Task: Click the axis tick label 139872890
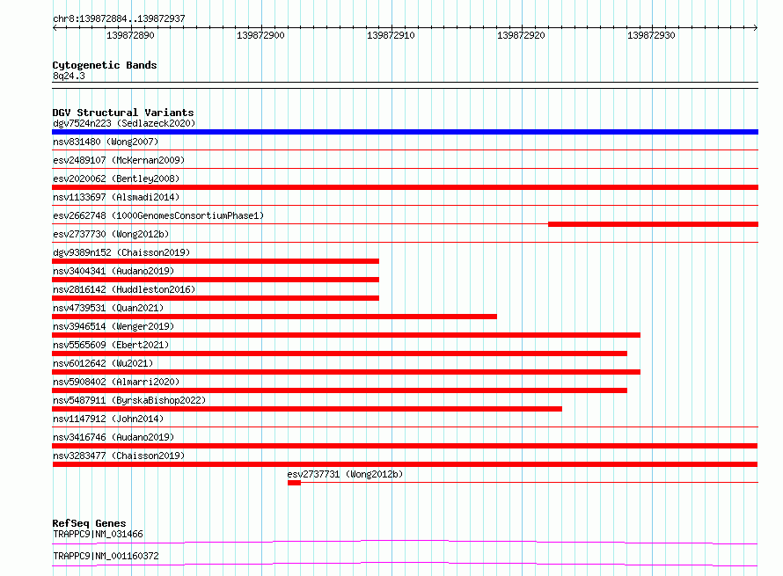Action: [130, 35]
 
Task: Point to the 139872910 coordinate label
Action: [391, 35]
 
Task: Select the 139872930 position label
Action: [651, 35]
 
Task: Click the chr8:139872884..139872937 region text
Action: [119, 18]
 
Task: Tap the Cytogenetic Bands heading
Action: [105, 65]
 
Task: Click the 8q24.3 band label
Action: [69, 76]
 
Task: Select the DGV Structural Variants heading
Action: [123, 113]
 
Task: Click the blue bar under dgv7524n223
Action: [405, 132]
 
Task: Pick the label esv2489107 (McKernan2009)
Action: [119, 160]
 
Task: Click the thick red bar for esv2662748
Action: [653, 224]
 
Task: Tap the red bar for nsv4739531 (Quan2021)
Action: [274, 317]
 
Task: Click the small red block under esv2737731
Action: [294, 483]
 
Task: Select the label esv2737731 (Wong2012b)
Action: [345, 474]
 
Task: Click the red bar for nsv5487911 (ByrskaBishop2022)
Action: [307, 409]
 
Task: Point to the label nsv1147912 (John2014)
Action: [108, 419]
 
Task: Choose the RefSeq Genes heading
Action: [89, 523]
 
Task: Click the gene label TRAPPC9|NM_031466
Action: [98, 534]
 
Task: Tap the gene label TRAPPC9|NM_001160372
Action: [106, 556]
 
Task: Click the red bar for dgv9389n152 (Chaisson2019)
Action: [216, 261]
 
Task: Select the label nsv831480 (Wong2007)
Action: [106, 142]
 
